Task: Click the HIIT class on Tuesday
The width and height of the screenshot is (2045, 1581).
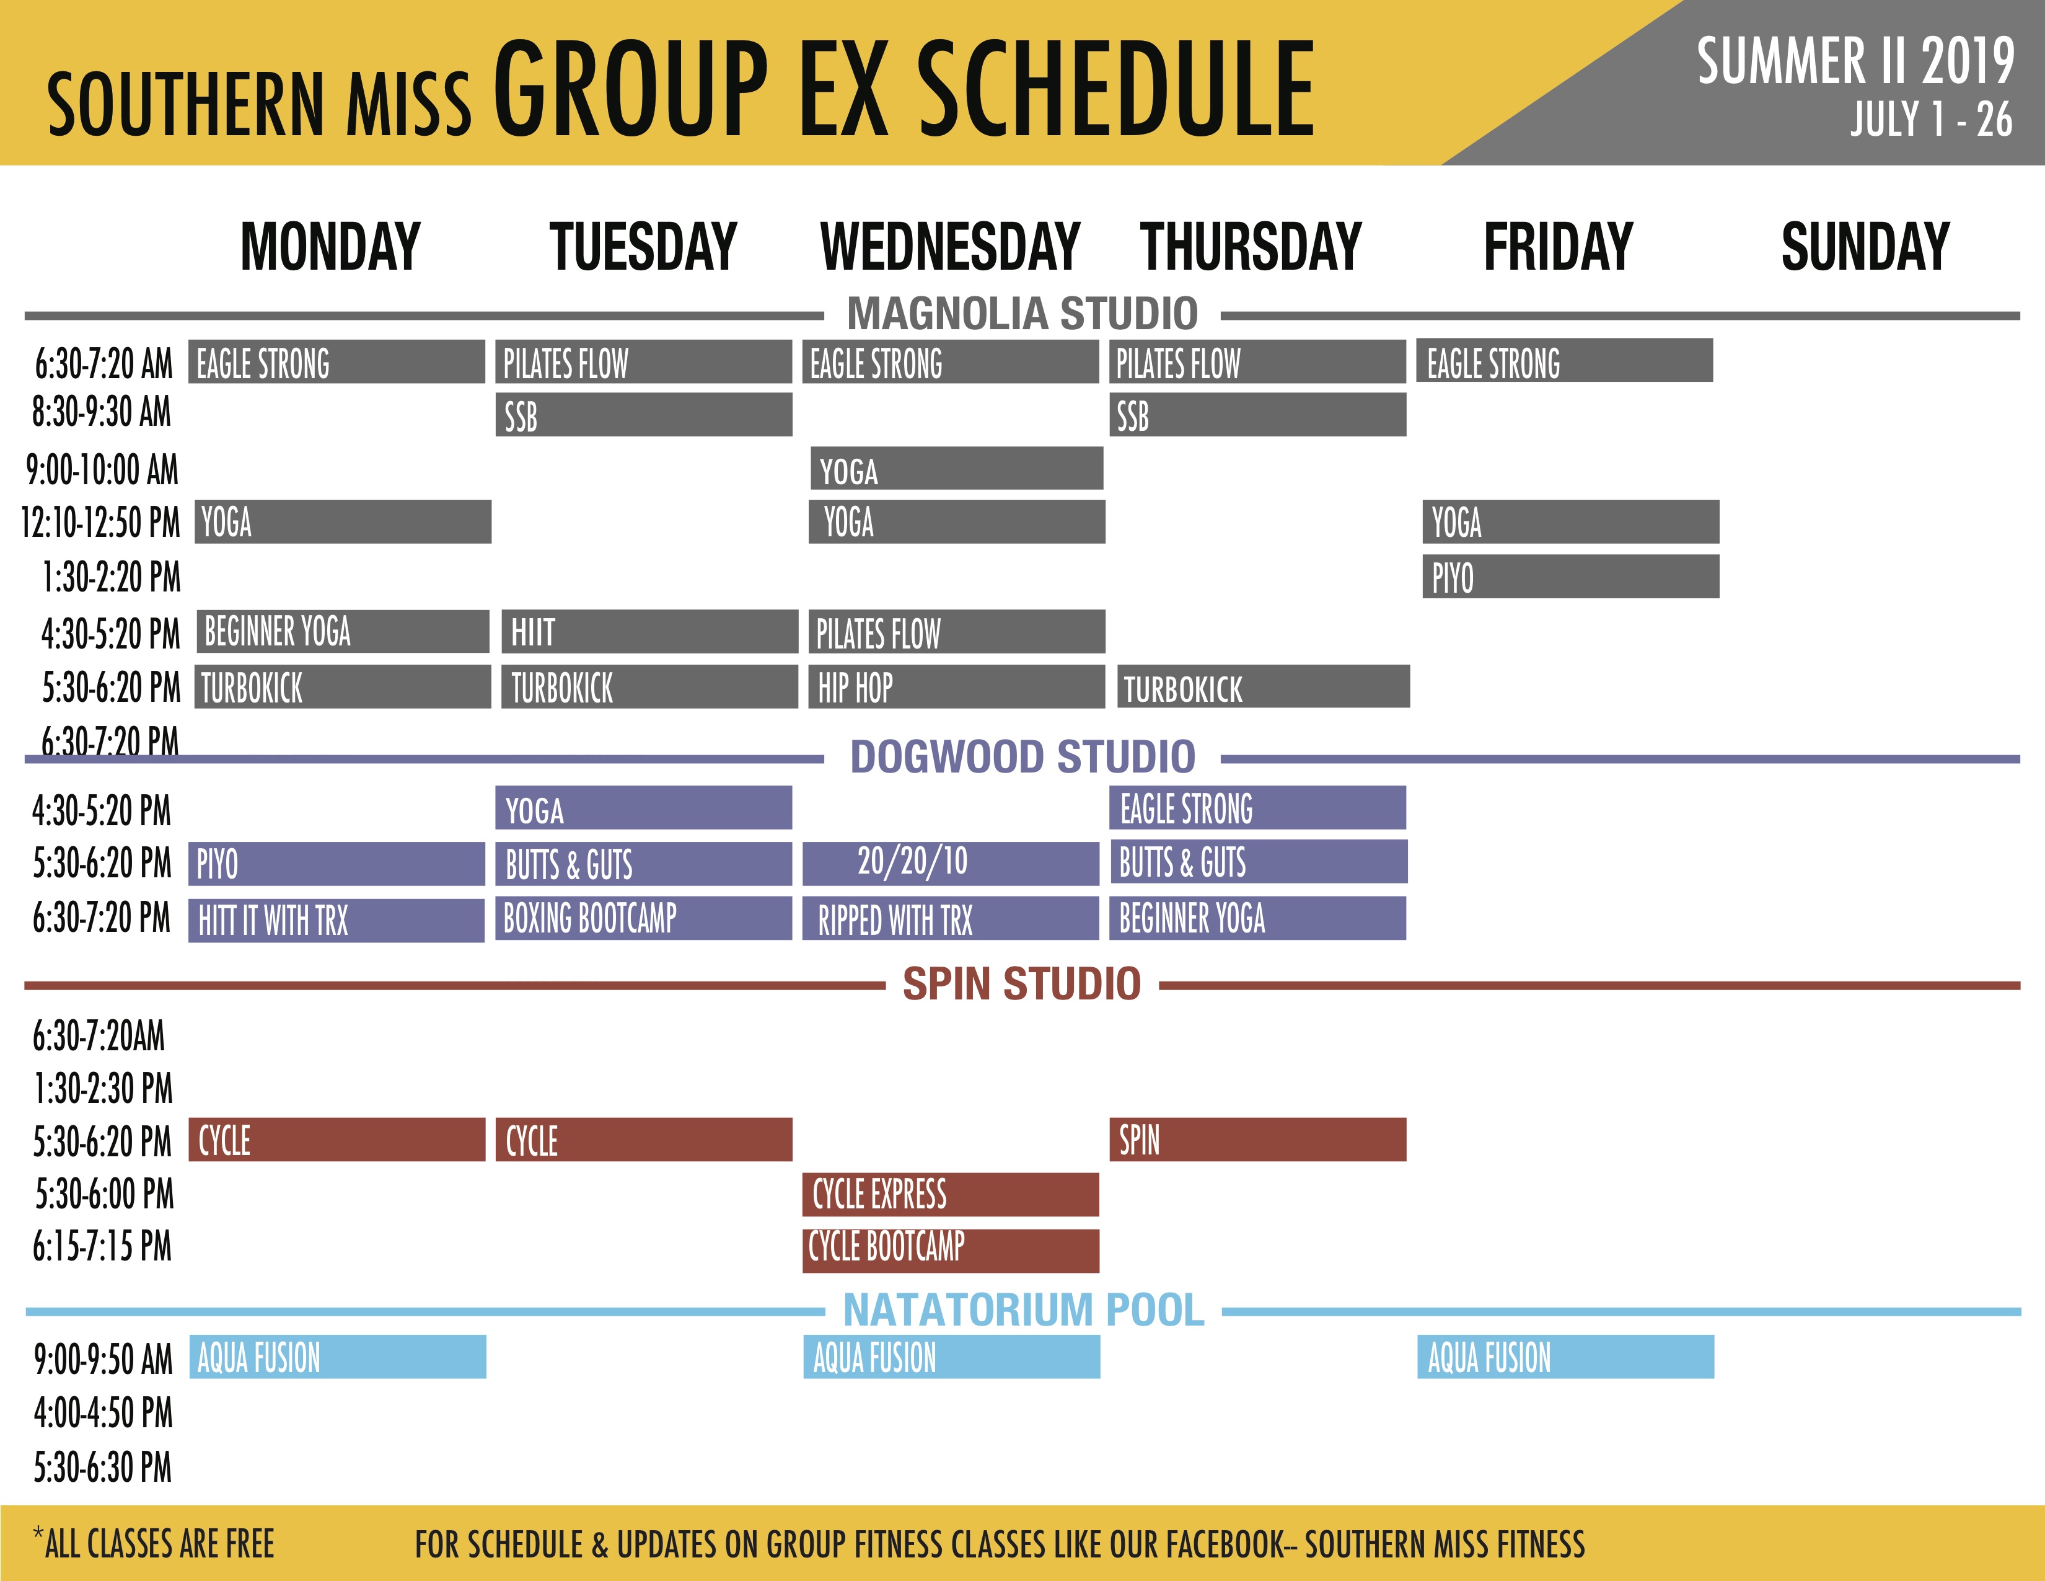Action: click(649, 631)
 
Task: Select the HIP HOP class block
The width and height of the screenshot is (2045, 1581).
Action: click(956, 686)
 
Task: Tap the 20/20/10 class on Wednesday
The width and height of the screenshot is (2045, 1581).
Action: click(951, 862)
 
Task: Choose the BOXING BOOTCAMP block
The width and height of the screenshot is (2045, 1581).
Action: click(643, 918)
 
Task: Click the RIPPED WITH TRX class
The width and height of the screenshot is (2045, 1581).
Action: click(951, 918)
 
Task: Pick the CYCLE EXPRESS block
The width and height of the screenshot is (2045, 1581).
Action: click(951, 1194)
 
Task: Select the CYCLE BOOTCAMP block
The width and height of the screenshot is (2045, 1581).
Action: click(951, 1251)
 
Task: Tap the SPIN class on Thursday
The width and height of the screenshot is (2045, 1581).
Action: click(1257, 1139)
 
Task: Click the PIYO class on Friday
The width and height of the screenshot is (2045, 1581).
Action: click(1570, 576)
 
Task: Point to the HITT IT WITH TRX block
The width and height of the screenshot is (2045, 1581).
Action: click(336, 919)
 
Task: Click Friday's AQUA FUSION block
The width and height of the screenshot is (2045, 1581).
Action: click(1565, 1356)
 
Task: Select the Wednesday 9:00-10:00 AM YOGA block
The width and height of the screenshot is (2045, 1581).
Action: click(956, 468)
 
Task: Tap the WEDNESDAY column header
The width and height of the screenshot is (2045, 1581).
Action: click(951, 246)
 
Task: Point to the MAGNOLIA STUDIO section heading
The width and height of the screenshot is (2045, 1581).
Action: click(1023, 313)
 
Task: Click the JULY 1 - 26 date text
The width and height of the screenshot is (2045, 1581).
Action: click(1931, 119)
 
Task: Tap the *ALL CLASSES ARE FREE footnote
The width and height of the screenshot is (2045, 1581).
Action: click(154, 1543)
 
